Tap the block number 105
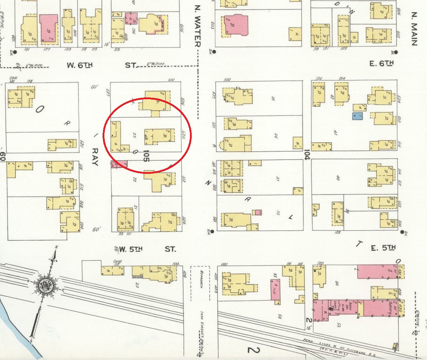(x=146, y=156)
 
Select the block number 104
(x=307, y=155)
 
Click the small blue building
(x=357, y=116)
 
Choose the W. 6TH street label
(x=80, y=66)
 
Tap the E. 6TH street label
(x=381, y=64)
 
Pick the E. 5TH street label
(x=383, y=248)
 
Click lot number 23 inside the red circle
(x=134, y=135)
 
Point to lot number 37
(x=277, y=178)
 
